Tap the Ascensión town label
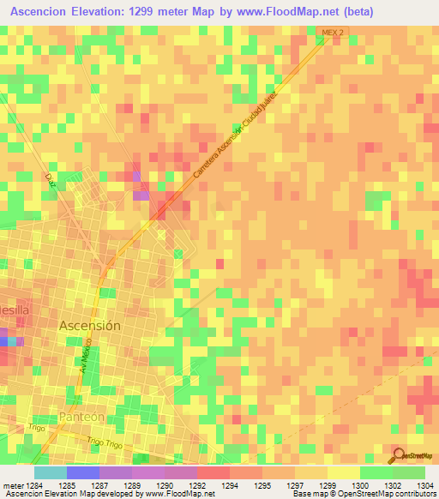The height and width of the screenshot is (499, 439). (x=90, y=326)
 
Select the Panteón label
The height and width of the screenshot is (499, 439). (x=82, y=416)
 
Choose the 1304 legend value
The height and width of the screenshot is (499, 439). (x=424, y=484)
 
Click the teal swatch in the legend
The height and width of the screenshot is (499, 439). (x=50, y=472)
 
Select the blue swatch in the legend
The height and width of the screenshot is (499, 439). (x=82, y=472)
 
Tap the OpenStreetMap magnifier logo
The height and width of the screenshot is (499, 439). (x=397, y=454)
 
